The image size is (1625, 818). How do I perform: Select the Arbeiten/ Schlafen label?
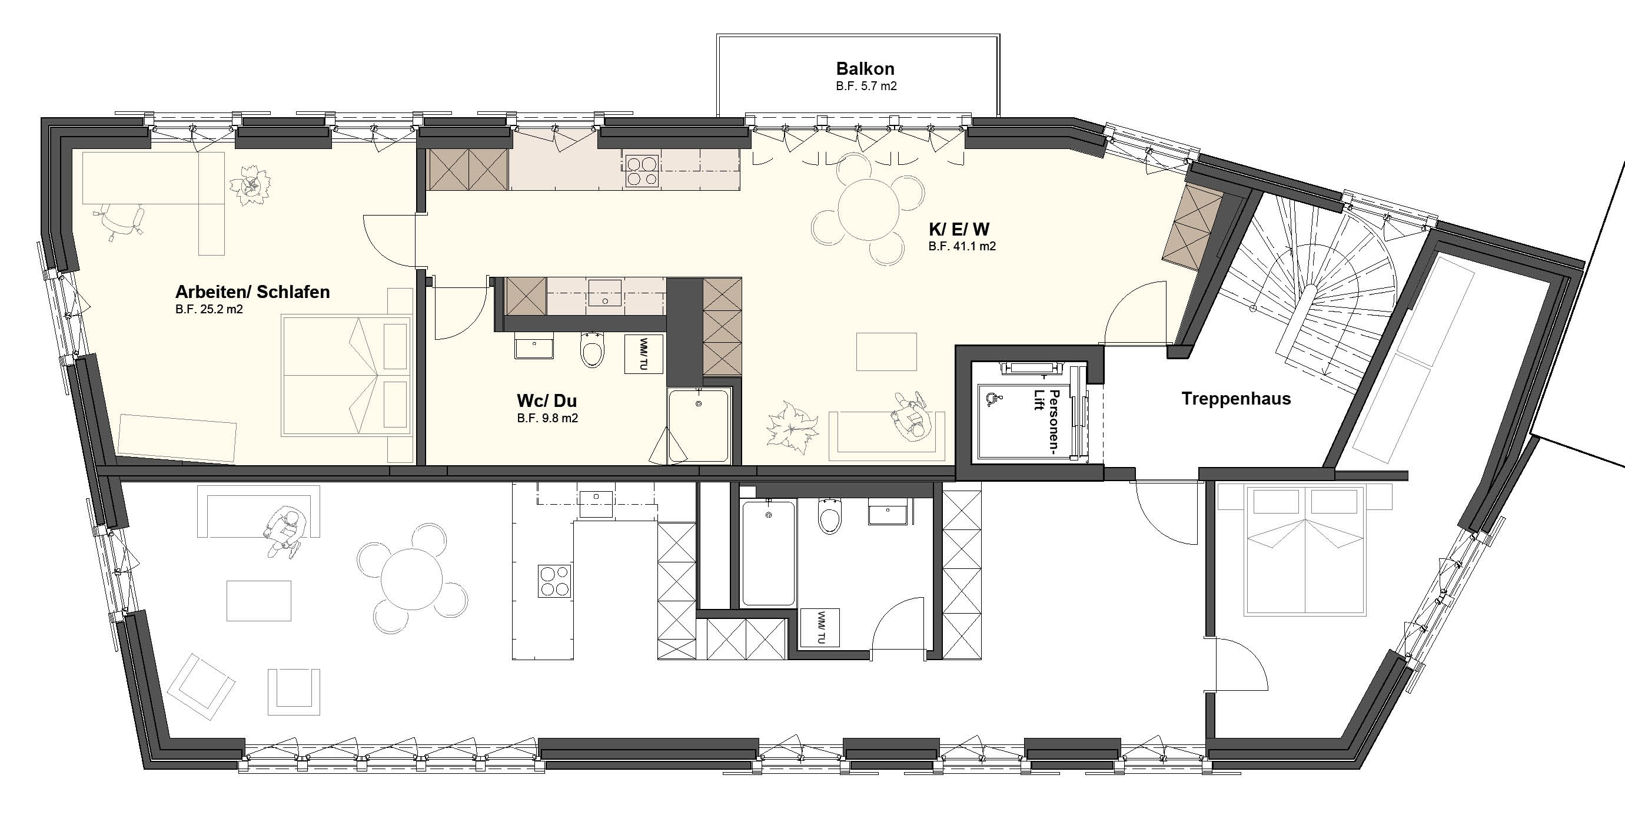pyautogui.click(x=252, y=292)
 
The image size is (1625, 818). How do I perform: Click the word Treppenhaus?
pyautogui.click(x=1236, y=399)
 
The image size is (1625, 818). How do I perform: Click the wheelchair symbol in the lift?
pyautogui.click(x=992, y=398)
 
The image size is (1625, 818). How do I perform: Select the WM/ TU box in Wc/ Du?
pyautogui.click(x=644, y=354)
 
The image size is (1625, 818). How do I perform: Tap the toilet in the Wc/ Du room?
pyautogui.click(x=591, y=350)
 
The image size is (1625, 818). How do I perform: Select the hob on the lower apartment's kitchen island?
pyautogui.click(x=555, y=581)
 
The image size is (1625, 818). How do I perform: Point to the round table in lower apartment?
pyautogui.click(x=412, y=578)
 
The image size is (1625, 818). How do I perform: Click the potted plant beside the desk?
pyautogui.click(x=253, y=184)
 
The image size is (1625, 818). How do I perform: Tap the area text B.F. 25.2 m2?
pyautogui.click(x=209, y=309)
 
